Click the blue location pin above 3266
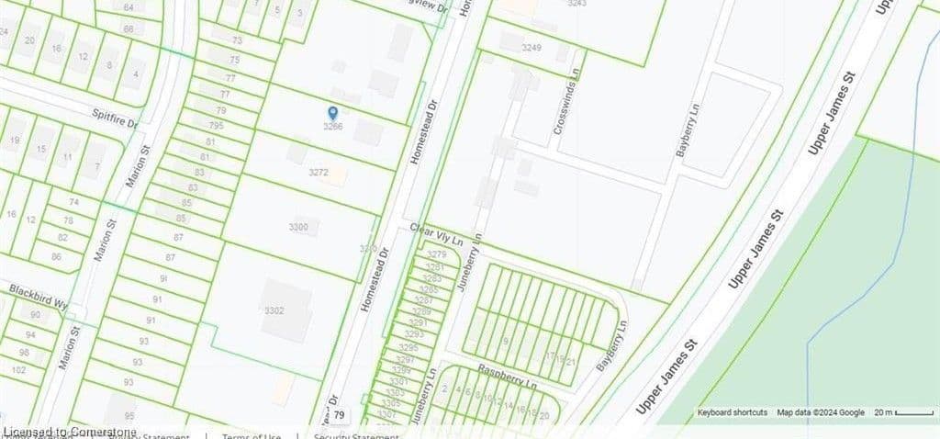(x=332, y=113)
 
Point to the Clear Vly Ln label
(x=437, y=234)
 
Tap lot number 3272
(x=319, y=173)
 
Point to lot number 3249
(x=531, y=48)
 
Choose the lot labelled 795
(x=216, y=126)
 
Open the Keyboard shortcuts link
(x=732, y=413)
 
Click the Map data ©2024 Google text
(x=821, y=413)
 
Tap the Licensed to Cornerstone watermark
(x=70, y=432)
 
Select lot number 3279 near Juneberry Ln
(x=437, y=254)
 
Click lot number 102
(x=18, y=369)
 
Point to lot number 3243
(x=576, y=4)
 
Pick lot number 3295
(x=408, y=348)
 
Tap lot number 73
(x=237, y=41)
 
